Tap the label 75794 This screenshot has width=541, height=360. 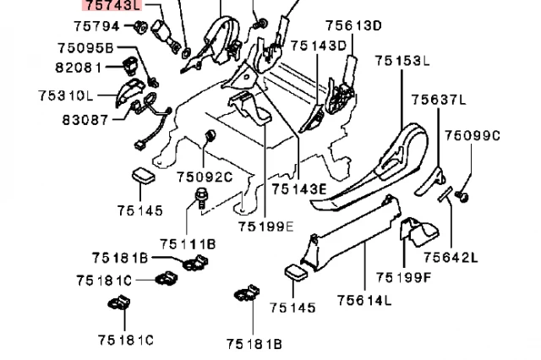97,25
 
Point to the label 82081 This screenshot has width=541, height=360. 80,67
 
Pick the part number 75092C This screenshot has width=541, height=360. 205,177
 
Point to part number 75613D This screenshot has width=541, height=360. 325,25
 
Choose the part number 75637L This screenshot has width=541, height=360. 439,100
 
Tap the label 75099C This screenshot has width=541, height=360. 473,135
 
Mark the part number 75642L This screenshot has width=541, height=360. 451,258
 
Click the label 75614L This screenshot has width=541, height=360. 364,299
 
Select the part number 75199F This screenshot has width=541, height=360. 403,276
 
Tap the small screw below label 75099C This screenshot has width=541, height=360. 462,196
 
